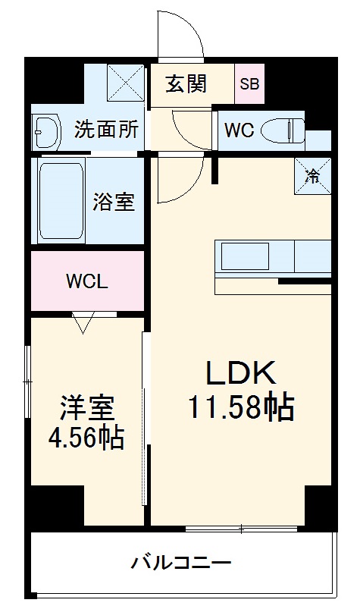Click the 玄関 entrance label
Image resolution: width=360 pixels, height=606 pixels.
pos(186,83)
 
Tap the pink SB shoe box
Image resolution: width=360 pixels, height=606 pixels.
pos(249,83)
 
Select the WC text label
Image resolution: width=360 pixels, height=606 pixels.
pos(238,130)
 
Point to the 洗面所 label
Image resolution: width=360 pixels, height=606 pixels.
pos(106,129)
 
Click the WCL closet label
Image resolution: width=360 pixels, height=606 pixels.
pos(87,282)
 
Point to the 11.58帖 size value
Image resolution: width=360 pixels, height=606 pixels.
pos(241,409)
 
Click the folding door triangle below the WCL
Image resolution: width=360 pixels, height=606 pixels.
pos(83,323)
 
